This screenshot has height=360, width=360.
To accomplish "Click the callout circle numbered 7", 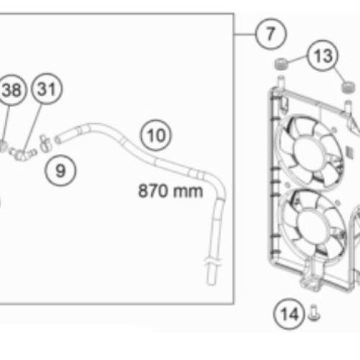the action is coord(271,34).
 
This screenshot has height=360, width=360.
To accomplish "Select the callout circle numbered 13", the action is coord(323,55).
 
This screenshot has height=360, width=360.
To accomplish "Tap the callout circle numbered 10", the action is coord(156,135).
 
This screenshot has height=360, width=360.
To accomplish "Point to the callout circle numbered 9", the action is coord(60,171).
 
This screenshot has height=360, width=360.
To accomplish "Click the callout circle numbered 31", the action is coord(47,89).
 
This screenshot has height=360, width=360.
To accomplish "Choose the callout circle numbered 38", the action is coord(12,90).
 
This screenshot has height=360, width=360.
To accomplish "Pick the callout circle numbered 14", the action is coord(289,314).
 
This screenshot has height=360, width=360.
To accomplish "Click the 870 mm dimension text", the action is coord(171,191).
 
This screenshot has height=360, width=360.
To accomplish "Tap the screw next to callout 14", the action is coord(314,313).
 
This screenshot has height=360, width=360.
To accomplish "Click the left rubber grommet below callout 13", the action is coord(282,64).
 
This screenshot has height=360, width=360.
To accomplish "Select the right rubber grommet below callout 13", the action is coord(348,87).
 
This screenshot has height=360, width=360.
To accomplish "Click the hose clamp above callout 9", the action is coord(45,144).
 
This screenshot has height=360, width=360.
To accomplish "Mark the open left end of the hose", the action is coord(58,140).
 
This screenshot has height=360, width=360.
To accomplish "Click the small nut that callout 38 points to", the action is coord(2,146).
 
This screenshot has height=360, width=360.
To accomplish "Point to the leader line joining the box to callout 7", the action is coord(245,35).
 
